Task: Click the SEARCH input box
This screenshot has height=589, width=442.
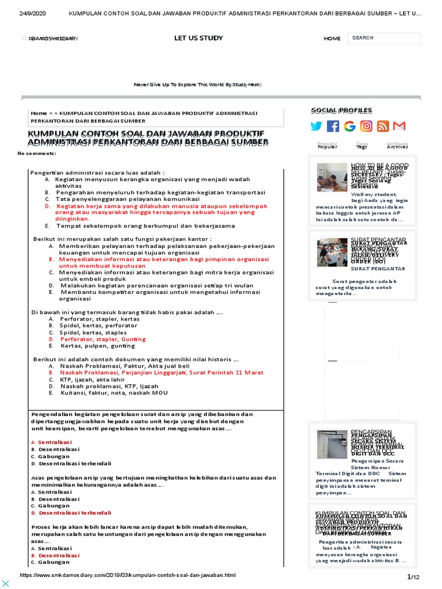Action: [x=383, y=39]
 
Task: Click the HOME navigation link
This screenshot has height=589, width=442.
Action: [x=332, y=39]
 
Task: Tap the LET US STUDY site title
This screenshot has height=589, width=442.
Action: [x=199, y=38]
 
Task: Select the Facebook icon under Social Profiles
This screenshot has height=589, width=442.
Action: [x=333, y=126]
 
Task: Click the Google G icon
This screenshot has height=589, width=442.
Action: [x=349, y=126]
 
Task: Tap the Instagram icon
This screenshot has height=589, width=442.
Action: [x=366, y=126]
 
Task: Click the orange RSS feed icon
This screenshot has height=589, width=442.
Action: [x=383, y=126]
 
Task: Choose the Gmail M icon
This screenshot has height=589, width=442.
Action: [x=399, y=126]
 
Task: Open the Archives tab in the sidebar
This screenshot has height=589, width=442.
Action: [x=397, y=146]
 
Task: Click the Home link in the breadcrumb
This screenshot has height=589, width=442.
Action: [x=39, y=113]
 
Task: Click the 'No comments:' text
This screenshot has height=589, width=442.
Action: [x=37, y=154]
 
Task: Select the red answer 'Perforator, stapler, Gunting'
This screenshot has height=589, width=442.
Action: [x=103, y=339]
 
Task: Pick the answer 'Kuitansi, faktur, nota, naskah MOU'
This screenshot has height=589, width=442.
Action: [x=114, y=393]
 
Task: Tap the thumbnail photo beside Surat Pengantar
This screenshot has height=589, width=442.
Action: [x=331, y=252]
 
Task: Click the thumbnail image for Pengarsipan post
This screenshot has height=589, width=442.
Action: [x=331, y=444]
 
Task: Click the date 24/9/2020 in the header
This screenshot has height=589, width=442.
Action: [x=32, y=13]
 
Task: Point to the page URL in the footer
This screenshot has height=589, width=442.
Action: [x=128, y=575]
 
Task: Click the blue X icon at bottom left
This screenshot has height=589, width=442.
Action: [x=6, y=583]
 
